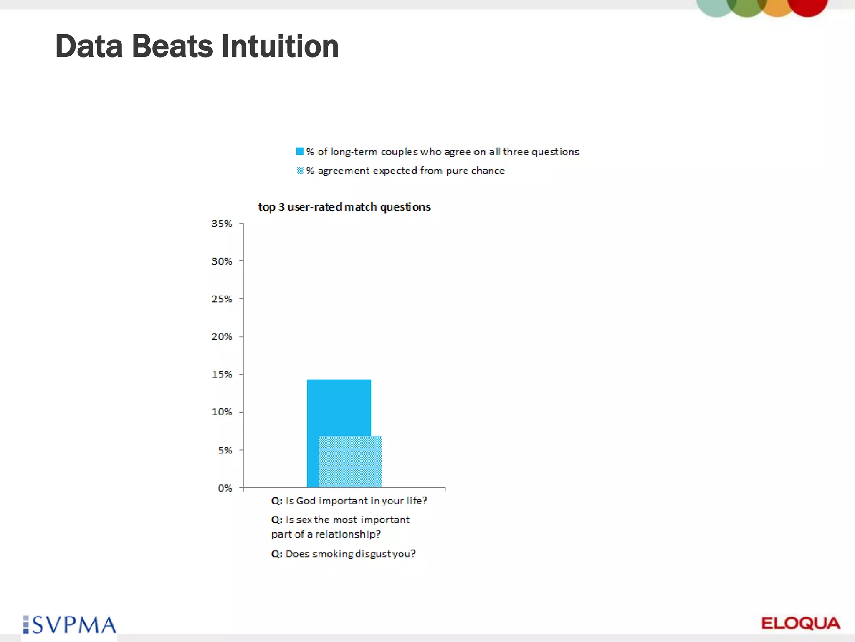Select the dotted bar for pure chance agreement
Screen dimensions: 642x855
[350, 461]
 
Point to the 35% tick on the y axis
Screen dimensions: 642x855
[222, 224]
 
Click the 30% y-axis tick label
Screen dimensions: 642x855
[222, 261]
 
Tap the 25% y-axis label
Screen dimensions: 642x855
[222, 299]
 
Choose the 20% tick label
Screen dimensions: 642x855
[222, 336]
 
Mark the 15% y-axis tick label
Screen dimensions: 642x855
[222, 374]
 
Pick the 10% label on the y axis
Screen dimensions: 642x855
[222, 412]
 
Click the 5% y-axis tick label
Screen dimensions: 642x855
[225, 450]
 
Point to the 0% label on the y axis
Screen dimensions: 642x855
[225, 488]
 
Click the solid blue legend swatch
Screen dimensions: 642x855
[300, 151]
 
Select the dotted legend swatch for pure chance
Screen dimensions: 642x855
[300, 171]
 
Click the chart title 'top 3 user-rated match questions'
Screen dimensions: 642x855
[344, 207]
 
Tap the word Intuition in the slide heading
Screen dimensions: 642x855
[280, 46]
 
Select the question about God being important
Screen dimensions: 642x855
[349, 501]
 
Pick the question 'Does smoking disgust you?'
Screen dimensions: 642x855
[343, 554]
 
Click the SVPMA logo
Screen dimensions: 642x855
[70, 625]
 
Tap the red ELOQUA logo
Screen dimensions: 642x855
[800, 623]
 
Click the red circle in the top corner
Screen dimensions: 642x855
[807, 5]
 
